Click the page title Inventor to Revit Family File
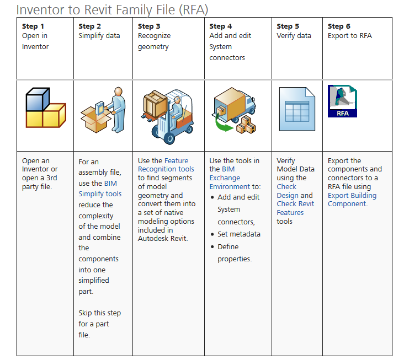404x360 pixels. coord(112,9)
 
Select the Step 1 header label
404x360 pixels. coord(33,26)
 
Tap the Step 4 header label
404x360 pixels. coord(221,26)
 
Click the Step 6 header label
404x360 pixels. coord(339,26)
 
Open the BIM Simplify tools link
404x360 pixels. coord(100,189)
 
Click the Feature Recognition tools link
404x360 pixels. coord(166,165)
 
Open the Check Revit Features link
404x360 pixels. coord(295,208)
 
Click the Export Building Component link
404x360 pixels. coord(352,200)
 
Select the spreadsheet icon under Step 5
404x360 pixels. coord(296,111)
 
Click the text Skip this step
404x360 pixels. coord(99,313)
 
